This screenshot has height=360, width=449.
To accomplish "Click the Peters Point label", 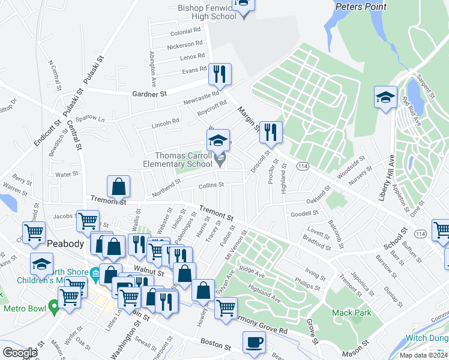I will pos(361,7).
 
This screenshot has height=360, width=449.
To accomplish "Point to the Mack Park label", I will pos(351,313).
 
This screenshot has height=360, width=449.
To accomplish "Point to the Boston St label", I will pos(215,346).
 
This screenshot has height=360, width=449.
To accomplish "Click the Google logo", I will pos(20,353).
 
